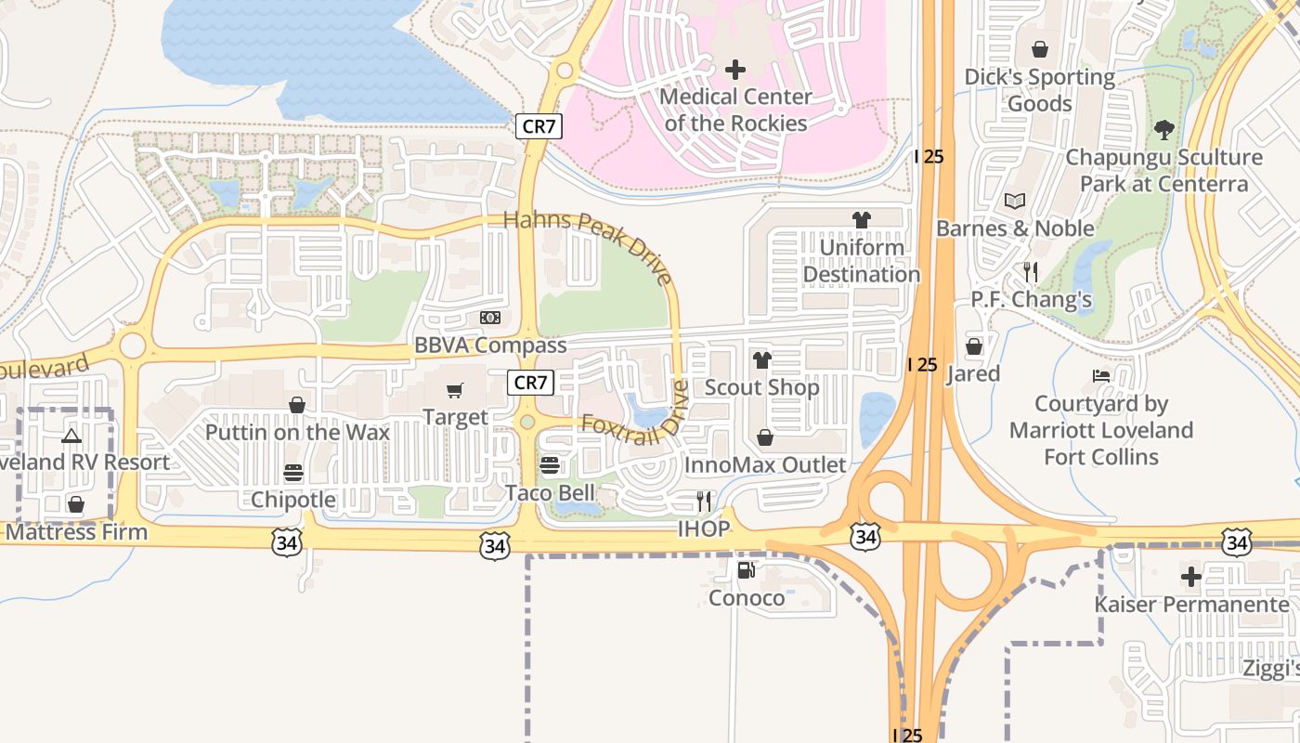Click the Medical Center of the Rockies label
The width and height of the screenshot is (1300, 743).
click(x=734, y=110)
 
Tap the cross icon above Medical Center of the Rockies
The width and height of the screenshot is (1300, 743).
click(x=735, y=70)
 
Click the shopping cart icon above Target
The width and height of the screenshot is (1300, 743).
click(x=455, y=391)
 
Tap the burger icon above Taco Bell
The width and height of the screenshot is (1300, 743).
click(x=550, y=464)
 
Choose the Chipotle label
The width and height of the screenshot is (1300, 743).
click(x=293, y=500)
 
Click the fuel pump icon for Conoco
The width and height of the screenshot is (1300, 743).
click(x=746, y=570)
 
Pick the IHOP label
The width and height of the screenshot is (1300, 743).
click(x=703, y=529)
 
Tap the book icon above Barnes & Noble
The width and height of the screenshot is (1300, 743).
click(x=1014, y=202)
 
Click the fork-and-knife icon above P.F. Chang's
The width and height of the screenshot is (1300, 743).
click(x=1031, y=272)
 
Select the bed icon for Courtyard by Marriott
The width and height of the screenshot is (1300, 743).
click(x=1101, y=377)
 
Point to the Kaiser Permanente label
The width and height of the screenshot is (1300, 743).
click(x=1191, y=605)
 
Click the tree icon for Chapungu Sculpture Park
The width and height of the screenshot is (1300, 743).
click(x=1163, y=130)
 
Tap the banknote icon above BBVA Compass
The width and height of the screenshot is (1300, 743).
click(x=489, y=319)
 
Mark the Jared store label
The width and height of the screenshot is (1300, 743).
click(x=973, y=373)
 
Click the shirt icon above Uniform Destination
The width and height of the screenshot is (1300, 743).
click(x=862, y=220)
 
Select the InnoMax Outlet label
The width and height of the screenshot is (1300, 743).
click(x=765, y=464)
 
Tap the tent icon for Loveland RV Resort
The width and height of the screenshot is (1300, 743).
click(x=71, y=436)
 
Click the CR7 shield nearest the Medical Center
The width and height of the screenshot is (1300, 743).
click(x=539, y=126)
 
